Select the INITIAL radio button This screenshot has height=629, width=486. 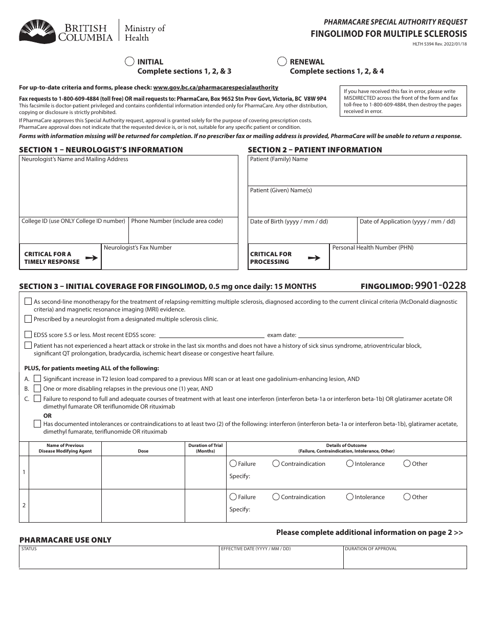coord(130,62)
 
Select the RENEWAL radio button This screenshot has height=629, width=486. coord(282,62)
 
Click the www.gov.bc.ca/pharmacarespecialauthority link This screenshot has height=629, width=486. coord(215,87)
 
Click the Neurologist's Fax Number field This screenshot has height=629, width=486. coord(170,259)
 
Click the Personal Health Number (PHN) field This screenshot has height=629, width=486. coord(398,259)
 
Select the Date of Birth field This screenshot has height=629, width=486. coord(302,233)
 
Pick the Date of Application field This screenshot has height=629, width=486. coord(412,233)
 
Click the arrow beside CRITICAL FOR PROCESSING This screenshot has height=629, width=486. coord(314,258)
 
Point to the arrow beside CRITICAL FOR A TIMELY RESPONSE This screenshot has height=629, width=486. coord(92,258)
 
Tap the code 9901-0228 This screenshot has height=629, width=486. coord(440,286)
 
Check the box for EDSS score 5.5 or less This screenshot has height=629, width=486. coord(28,335)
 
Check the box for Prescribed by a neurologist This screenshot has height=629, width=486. coord(28,319)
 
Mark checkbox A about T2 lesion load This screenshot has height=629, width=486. coord(37,379)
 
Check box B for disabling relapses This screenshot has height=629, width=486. coord(37,389)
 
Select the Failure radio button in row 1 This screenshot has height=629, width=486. coord(233,464)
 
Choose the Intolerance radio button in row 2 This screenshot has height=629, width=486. coord(350,497)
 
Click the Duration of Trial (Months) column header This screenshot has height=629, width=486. coord(205,448)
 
